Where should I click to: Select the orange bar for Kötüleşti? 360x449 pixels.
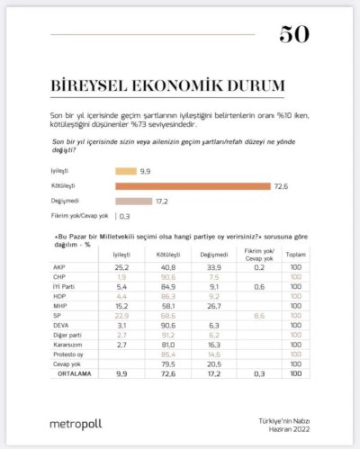tap(192, 185)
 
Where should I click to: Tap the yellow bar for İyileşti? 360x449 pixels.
tap(125, 170)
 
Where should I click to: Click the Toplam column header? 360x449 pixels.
tap(294, 256)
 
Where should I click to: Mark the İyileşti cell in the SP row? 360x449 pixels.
tap(121, 316)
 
